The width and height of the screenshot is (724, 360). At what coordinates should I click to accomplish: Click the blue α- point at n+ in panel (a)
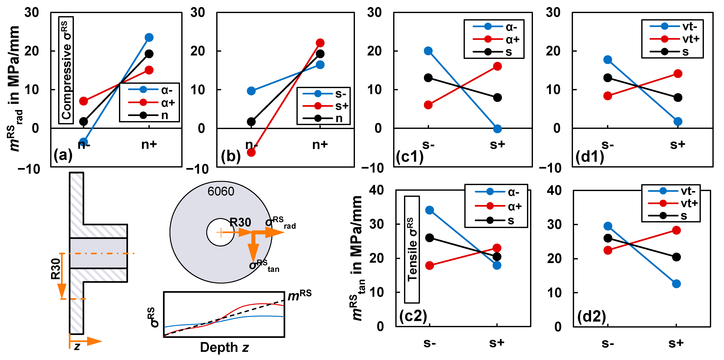pos(149,37)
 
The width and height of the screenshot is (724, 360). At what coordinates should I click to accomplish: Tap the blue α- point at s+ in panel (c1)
pos(497,129)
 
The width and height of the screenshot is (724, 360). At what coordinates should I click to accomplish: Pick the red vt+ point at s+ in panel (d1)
pos(678,74)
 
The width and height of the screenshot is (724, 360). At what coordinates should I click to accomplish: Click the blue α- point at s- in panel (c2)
pos(429,210)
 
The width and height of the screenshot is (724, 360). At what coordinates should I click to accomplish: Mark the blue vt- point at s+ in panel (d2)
pos(676,284)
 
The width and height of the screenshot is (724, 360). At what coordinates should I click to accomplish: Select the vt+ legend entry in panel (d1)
pos(675,39)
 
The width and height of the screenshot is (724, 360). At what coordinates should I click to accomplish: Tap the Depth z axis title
pos(224,347)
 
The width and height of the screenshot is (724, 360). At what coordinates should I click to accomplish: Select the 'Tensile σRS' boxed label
pos(412,249)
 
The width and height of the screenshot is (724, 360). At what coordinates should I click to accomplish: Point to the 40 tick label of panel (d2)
pos(554,191)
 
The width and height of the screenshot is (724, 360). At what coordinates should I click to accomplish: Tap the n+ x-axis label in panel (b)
pos(320,145)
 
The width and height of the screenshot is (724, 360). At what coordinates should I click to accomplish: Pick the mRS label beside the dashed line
pos(299,295)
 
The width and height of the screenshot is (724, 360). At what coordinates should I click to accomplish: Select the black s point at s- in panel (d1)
pos(608,78)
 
